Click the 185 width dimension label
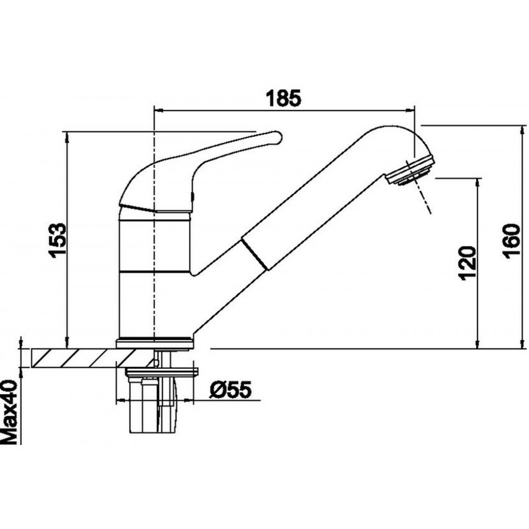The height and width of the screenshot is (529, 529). point(283,98)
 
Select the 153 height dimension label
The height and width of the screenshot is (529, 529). point(58,240)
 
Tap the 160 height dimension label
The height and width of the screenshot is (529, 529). point(511,241)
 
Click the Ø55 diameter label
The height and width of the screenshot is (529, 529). point(231,389)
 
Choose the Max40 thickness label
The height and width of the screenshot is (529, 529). point(9,412)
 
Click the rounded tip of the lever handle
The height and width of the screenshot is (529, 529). point(276,138)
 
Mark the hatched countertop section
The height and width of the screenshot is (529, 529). point(90,358)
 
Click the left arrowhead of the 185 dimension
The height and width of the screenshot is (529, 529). point(158,110)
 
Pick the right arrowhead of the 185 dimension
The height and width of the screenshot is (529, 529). point(409,110)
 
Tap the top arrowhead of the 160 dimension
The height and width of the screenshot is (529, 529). point(524,130)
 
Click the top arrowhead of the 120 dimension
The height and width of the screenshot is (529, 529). point(477,183)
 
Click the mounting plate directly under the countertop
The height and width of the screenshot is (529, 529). point(161,372)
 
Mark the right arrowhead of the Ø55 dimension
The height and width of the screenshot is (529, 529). point(189,401)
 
